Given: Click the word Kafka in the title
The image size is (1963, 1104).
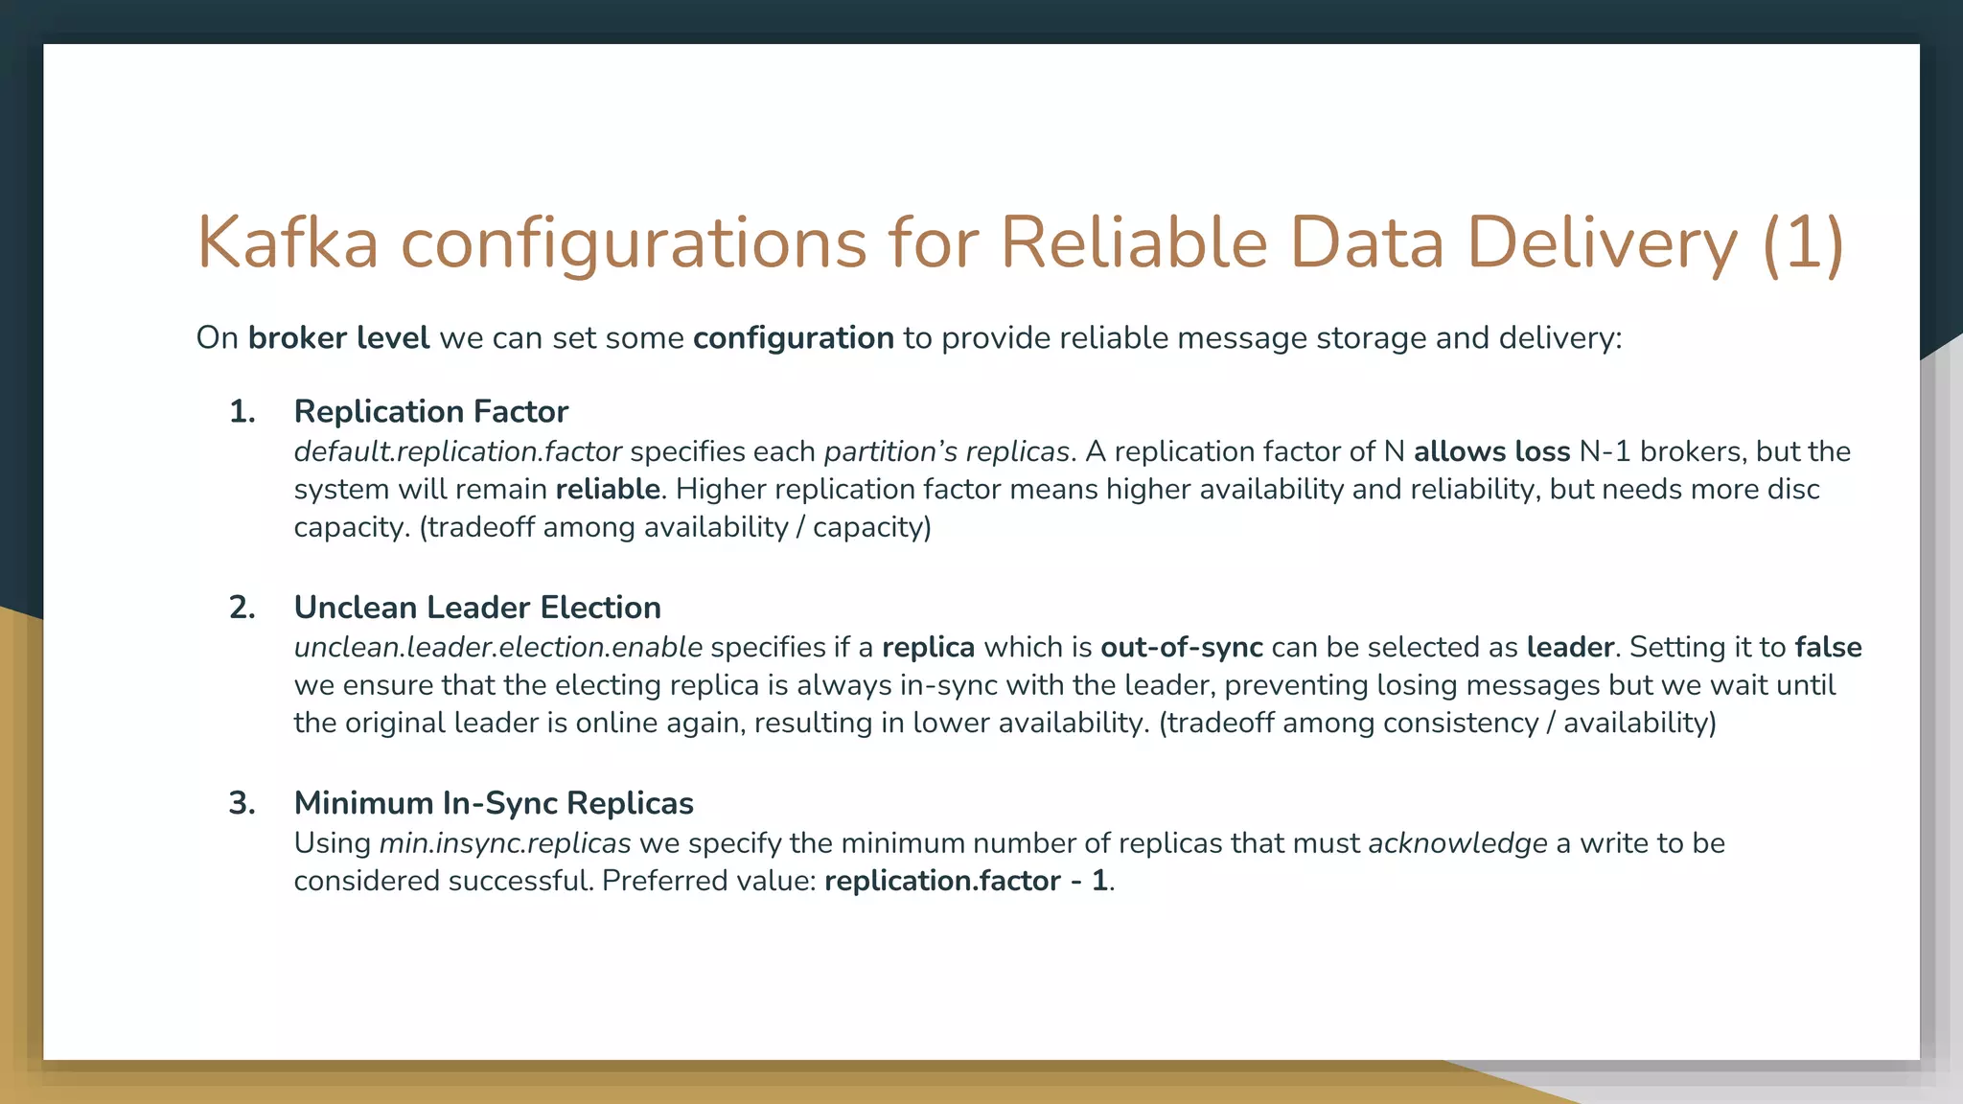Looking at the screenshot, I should click(288, 242).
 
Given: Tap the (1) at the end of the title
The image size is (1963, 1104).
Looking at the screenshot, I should click(1802, 242).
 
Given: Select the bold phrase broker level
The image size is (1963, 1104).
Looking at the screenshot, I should click(338, 338).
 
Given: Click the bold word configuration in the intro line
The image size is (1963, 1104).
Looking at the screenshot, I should click(793, 338).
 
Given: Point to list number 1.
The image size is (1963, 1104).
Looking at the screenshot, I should click(242, 412).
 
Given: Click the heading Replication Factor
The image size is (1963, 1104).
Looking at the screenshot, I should click(430, 412).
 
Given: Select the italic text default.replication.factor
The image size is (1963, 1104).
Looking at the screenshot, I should click(457, 451).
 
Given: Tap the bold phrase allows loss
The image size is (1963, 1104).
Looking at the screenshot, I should click(1491, 451).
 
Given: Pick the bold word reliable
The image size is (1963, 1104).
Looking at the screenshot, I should click(608, 490).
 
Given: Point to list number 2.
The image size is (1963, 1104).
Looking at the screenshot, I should click(242, 608).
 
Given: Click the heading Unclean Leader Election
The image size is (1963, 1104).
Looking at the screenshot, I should click(477, 608).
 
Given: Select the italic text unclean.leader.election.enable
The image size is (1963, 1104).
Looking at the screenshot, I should click(497, 648).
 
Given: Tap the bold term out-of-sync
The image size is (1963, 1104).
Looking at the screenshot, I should click(1181, 648).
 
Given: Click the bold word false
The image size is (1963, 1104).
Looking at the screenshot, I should click(1828, 648).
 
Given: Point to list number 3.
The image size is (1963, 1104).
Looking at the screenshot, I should click(242, 803).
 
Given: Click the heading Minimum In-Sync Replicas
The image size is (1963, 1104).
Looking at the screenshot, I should click(494, 803).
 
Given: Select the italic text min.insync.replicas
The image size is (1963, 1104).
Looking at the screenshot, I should click(505, 843).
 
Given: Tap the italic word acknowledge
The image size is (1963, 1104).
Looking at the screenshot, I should click(1457, 843).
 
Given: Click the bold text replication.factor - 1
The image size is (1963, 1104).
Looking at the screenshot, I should click(966, 881).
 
